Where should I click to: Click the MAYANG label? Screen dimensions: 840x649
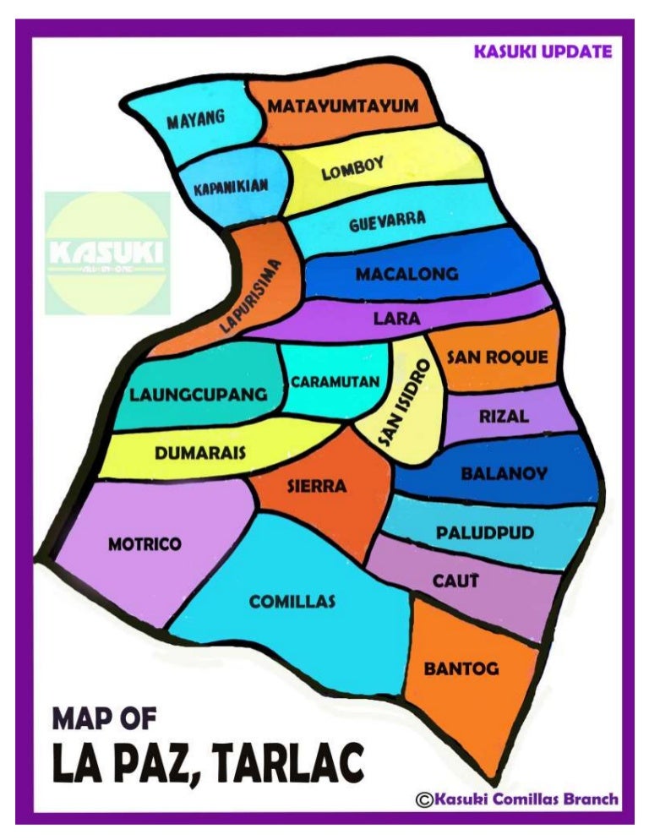point(195,120)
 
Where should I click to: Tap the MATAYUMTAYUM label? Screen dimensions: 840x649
point(343,106)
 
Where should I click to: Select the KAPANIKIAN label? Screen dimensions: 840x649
point(231,188)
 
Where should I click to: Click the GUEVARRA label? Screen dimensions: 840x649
point(387,222)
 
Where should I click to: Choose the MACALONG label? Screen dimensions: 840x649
point(406,275)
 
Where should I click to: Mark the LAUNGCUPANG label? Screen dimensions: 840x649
point(198,395)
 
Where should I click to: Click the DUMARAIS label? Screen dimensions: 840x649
point(200,452)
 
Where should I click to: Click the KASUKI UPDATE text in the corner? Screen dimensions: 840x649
point(543,52)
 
